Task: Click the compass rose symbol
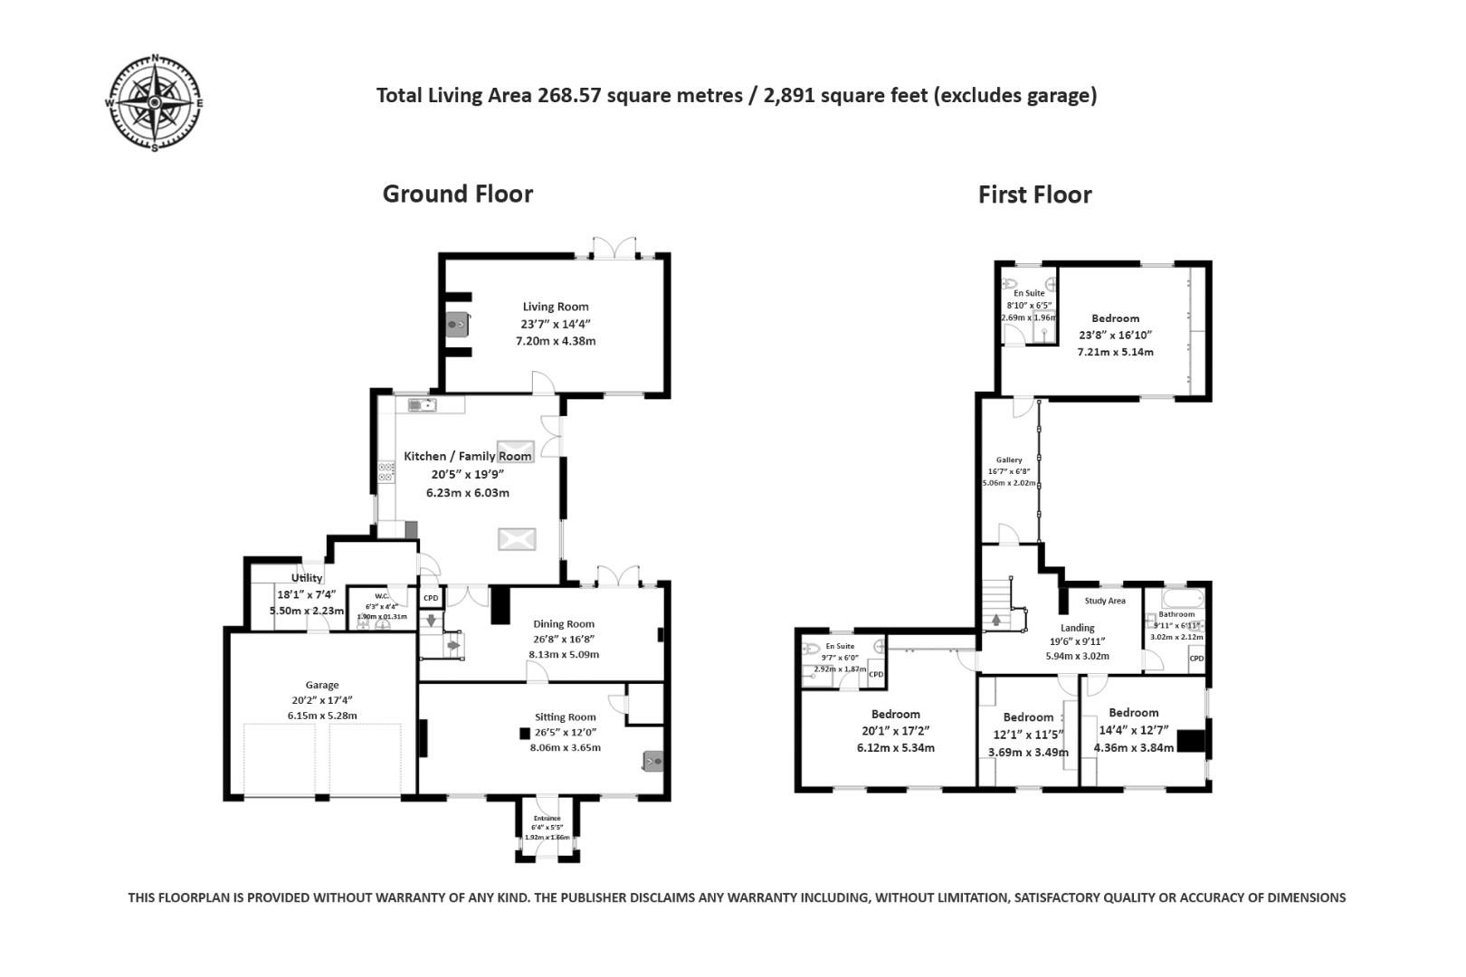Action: click(155, 103)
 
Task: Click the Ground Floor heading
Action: click(457, 194)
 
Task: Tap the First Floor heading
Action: click(1034, 194)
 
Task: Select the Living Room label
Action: click(555, 307)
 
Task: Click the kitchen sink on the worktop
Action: click(421, 405)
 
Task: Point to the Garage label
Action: click(321, 685)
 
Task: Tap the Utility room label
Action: click(307, 578)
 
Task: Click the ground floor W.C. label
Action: click(382, 596)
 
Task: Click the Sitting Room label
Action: click(565, 716)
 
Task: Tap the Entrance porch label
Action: click(547, 818)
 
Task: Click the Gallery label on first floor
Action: click(1009, 460)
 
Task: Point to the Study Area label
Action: click(1104, 601)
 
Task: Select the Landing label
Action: click(1077, 627)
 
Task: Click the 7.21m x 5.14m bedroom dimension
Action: click(1115, 352)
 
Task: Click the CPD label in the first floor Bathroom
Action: click(1196, 658)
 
